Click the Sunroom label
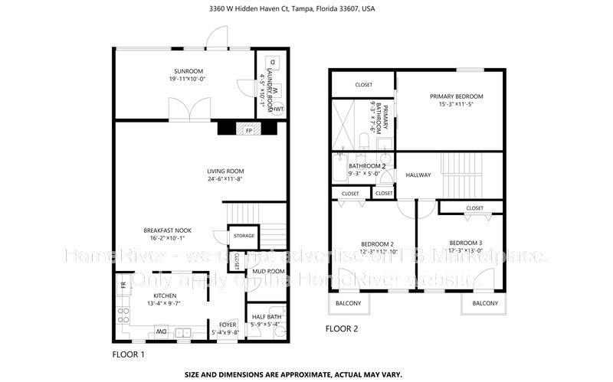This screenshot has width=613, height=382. click(x=182, y=71)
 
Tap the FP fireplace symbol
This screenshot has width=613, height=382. click(x=249, y=130)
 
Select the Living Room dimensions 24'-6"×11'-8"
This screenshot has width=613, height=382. click(x=225, y=179)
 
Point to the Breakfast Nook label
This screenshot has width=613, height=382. click(x=167, y=230)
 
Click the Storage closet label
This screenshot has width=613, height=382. click(x=244, y=236)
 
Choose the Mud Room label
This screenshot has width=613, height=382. click(x=269, y=271)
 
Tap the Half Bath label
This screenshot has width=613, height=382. click(x=266, y=316)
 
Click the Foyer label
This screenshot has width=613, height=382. click(x=228, y=325)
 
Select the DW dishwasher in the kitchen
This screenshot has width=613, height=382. click(x=162, y=331)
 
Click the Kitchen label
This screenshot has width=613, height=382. click(x=165, y=295)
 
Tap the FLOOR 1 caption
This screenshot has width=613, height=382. click(x=128, y=355)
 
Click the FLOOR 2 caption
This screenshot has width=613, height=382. click(x=342, y=329)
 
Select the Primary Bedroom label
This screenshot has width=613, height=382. click(x=456, y=96)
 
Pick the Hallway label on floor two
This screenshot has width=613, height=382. click(x=418, y=175)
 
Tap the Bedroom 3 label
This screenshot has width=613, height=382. click(x=466, y=243)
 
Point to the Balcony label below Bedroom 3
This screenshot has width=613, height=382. click(x=485, y=304)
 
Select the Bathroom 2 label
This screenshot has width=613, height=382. click(x=367, y=165)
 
